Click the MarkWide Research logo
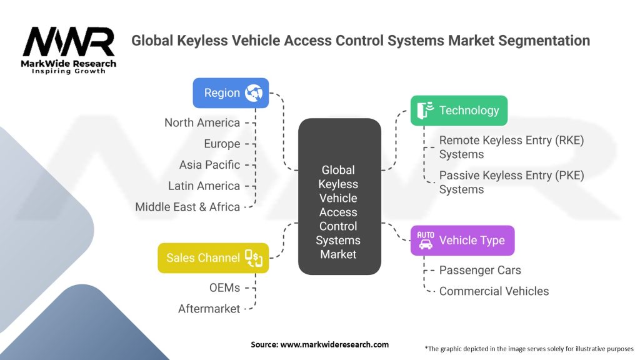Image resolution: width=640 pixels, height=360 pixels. pos(69,50)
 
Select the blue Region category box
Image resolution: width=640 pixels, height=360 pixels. pos(231,93)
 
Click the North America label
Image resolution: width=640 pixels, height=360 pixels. pos(202,122)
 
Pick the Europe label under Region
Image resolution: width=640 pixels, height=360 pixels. pos(222,144)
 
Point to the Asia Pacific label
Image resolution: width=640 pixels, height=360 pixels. pos(209,165)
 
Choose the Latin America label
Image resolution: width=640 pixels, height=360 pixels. pos(204,186)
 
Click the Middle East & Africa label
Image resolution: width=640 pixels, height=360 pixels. pos(187,207)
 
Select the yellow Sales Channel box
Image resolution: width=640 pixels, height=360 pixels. pos(213,257)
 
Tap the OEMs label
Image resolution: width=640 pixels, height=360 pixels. pos(224,287)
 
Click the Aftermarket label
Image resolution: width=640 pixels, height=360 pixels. pos(209,309)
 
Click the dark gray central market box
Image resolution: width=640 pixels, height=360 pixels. pos(338,197)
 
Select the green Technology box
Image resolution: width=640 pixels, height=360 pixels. pos(459,111)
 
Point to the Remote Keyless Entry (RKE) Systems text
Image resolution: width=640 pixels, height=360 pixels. pos(511,147)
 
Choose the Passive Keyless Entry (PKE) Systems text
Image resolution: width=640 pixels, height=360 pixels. pos(511,182)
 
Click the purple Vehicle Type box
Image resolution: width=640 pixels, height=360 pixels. pos(462,241)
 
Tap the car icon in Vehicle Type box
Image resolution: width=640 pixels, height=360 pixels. pos(425,241)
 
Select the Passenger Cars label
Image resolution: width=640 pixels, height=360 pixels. pos(480,270)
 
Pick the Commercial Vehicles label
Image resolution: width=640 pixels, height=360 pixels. pos(494,291)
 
